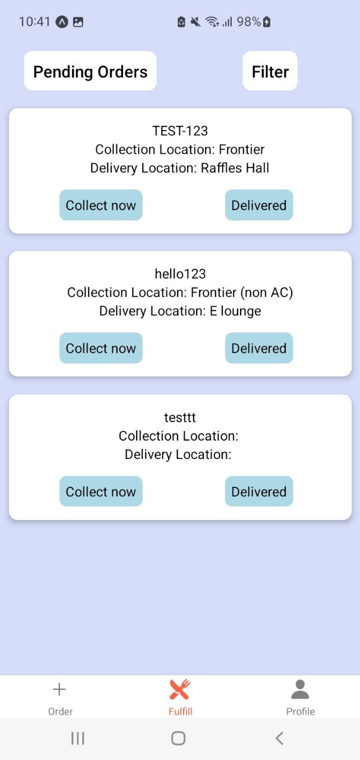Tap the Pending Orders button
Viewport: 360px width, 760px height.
click(90, 72)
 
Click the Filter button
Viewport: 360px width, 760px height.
click(270, 72)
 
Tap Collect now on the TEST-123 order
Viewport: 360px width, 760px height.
click(101, 205)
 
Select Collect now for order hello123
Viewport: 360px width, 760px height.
click(101, 349)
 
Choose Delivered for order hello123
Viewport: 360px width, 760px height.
click(259, 349)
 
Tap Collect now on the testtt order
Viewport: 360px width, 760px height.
click(101, 492)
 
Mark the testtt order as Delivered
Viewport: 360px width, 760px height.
click(259, 492)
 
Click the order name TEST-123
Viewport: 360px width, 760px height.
click(180, 131)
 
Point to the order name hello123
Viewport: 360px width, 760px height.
click(180, 274)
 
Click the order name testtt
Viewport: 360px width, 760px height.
click(180, 417)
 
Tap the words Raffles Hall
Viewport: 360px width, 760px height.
click(235, 168)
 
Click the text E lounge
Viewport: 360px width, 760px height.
click(235, 311)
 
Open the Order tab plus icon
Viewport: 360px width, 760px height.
click(59, 689)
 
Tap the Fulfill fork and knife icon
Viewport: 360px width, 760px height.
click(179, 689)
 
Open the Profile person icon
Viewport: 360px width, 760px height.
click(300, 689)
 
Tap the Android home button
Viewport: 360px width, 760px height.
click(178, 738)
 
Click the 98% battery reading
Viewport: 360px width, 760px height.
click(248, 22)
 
